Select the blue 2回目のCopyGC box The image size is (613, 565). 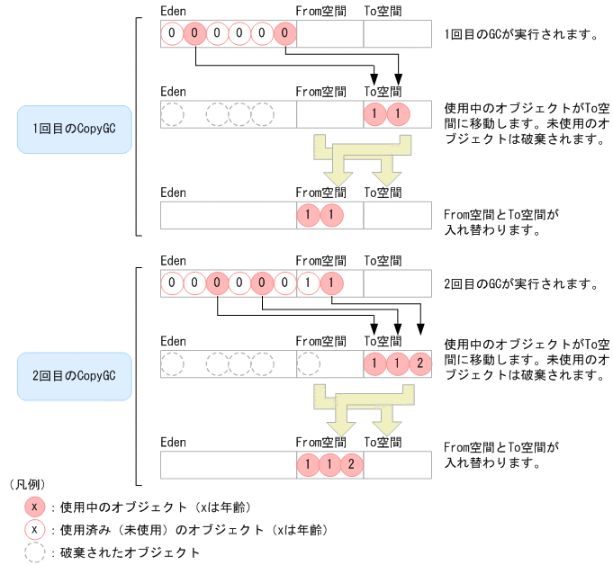click(75, 374)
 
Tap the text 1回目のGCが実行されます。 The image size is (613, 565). click(521, 36)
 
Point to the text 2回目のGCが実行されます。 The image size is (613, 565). click(521, 284)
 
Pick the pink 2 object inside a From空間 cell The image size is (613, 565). click(353, 465)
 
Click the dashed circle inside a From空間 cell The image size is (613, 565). click(308, 363)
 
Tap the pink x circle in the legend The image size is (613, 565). click(33, 507)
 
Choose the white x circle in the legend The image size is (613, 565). click(33, 530)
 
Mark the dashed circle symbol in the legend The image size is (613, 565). click(33, 552)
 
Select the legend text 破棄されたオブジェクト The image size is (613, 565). click(131, 552)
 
